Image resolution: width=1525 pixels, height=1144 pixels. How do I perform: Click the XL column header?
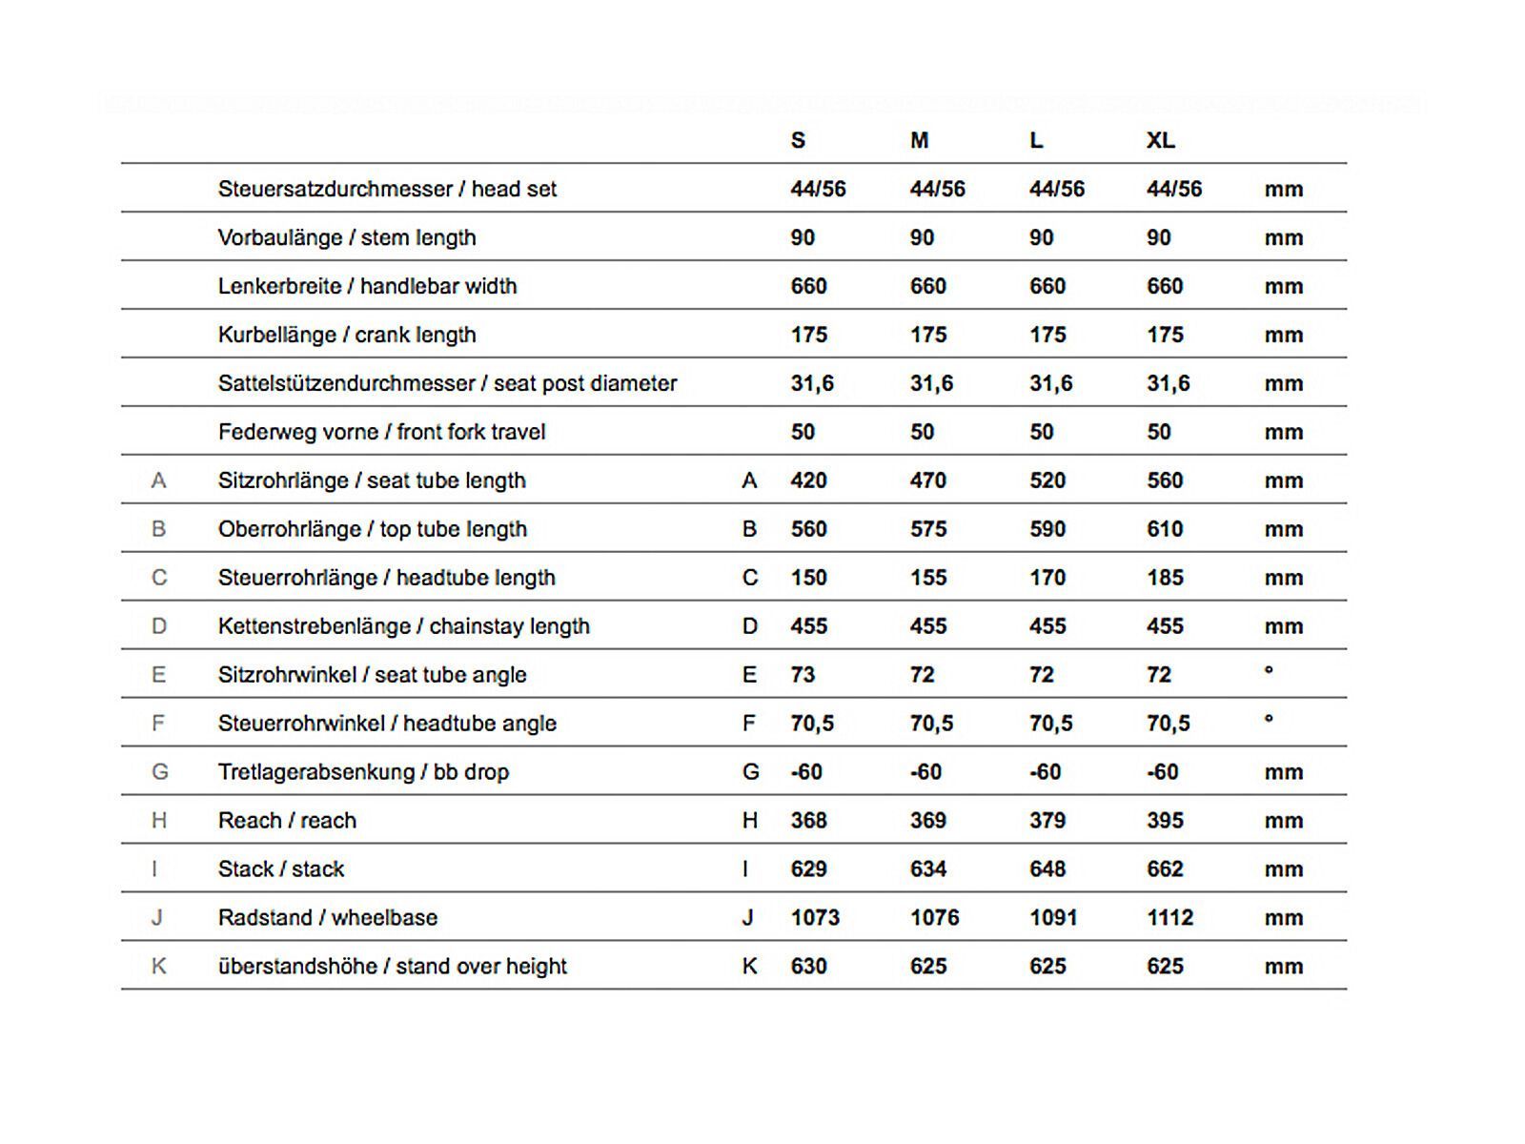click(x=1160, y=141)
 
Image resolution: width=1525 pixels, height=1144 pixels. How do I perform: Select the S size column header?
click(x=798, y=141)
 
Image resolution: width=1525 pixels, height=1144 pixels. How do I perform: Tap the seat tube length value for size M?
click(x=927, y=480)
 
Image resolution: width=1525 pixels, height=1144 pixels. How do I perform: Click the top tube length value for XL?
click(x=1165, y=529)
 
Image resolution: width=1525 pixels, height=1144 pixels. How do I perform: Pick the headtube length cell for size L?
click(x=1047, y=578)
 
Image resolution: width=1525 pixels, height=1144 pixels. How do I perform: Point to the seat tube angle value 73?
click(x=803, y=675)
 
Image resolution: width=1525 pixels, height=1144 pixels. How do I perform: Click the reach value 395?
click(x=1165, y=821)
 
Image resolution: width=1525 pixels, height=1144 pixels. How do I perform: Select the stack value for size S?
click(x=808, y=869)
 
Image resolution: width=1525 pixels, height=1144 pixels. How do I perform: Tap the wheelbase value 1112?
click(x=1169, y=918)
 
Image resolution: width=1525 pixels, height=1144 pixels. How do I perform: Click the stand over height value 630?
click(x=808, y=967)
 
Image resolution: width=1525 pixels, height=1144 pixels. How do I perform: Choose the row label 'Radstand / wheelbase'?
click(x=328, y=918)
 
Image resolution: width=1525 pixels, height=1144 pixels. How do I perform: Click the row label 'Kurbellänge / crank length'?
click(x=347, y=335)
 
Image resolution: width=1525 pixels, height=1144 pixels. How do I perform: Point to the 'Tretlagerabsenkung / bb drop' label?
click(x=363, y=772)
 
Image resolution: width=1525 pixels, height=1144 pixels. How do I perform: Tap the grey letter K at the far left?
click(x=158, y=967)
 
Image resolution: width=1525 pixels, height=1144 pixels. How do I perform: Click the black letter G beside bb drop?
click(x=750, y=772)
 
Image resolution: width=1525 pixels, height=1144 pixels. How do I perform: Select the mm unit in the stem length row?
click(x=1283, y=237)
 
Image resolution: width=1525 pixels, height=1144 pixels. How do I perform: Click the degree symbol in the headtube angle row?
click(x=1269, y=719)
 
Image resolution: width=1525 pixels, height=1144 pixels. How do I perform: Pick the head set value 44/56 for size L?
click(x=1056, y=189)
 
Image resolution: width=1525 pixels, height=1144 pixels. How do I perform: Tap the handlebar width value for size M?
click(x=927, y=286)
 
